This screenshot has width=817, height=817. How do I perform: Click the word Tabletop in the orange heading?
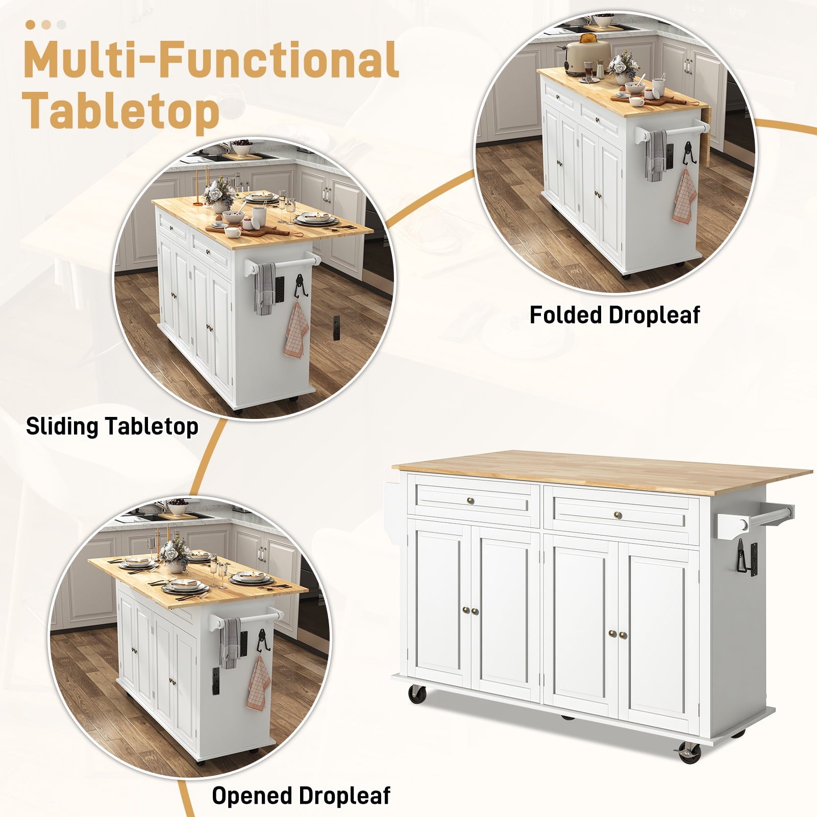(x=122, y=111)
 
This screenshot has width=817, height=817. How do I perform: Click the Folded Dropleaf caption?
(x=614, y=315)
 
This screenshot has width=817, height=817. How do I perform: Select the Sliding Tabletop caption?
(x=112, y=427)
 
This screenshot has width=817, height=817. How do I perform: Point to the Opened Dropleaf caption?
(x=301, y=796)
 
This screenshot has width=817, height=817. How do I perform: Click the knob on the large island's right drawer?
(x=618, y=514)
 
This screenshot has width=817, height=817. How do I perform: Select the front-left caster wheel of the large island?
(x=417, y=695)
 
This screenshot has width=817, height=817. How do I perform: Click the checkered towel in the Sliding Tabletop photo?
(x=296, y=330)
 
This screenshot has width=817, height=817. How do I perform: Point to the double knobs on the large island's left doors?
(x=471, y=611)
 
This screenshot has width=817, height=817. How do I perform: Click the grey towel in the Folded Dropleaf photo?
(x=656, y=156)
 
